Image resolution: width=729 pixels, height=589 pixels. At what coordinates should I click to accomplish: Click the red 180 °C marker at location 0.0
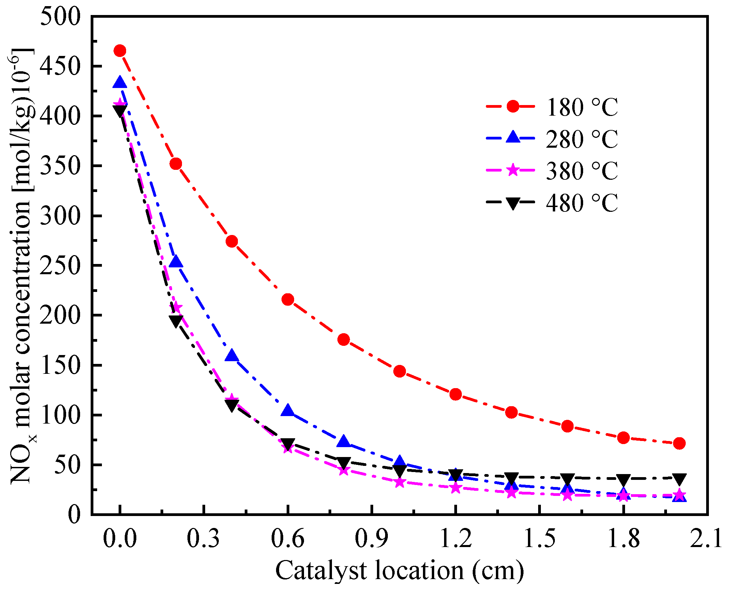(120, 51)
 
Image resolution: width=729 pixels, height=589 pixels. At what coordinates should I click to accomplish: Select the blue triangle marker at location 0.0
(120, 83)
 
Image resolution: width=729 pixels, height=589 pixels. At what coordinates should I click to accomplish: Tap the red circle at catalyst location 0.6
(288, 299)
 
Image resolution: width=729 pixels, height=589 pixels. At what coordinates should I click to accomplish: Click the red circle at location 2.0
(679, 443)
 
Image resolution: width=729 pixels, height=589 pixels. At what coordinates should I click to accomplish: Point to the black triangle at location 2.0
(679, 479)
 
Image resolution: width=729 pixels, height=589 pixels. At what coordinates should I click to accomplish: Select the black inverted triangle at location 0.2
(176, 321)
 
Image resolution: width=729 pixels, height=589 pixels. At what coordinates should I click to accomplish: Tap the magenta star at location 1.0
(399, 482)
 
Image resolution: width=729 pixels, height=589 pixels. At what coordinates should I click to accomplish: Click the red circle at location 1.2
(456, 395)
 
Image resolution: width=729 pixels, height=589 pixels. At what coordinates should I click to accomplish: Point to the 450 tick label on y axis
(60, 67)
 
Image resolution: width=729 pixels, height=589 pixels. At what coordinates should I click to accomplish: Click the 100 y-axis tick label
(60, 415)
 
